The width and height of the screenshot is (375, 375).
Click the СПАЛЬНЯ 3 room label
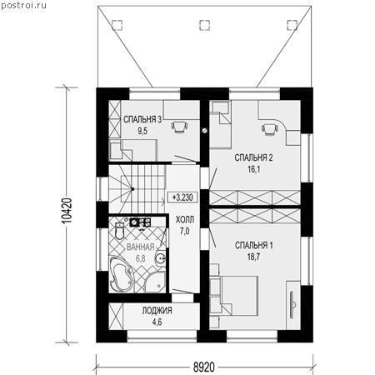142,120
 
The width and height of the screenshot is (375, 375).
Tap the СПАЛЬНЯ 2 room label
253,157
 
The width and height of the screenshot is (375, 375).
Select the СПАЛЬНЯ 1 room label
254,245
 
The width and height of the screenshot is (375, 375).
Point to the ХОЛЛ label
185,220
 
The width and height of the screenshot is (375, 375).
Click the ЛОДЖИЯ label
157,310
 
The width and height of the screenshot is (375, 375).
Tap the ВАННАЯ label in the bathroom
141,247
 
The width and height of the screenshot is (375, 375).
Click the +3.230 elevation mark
182,197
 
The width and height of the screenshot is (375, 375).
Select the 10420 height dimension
67,210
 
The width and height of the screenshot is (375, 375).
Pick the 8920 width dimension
204,367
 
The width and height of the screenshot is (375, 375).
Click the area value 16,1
253,169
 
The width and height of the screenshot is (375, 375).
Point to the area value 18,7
253,257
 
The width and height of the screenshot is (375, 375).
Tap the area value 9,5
142,131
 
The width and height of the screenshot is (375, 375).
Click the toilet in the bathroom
120,230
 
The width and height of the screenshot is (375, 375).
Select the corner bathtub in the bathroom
121,274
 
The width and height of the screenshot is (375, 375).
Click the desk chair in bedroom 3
179,127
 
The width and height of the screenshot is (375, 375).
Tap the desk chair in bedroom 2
269,129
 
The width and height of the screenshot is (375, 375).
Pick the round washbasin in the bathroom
160,258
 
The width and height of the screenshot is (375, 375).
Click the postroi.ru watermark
23,6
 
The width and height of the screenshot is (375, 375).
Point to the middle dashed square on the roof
205,25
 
